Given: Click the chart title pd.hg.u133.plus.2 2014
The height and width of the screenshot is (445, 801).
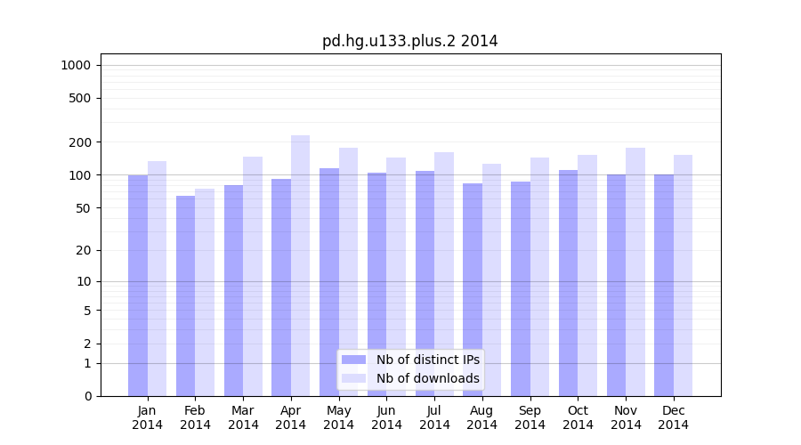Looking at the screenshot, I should point(409,41).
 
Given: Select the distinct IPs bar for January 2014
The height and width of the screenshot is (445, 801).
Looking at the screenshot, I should point(138,285).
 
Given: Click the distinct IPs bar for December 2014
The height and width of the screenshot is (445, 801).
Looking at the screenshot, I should point(664,285).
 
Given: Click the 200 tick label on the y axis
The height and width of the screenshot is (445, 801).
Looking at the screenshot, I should point(80,142).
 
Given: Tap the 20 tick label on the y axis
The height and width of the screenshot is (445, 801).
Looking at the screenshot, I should point(84,250).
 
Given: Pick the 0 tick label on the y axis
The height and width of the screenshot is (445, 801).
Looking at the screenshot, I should point(87,396).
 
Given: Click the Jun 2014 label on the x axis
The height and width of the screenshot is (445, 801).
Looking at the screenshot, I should point(386,417).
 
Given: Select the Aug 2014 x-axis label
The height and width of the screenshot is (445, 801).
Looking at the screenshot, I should point(482,417).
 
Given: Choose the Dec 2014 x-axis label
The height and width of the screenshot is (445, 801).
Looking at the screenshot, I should point(674,417).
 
